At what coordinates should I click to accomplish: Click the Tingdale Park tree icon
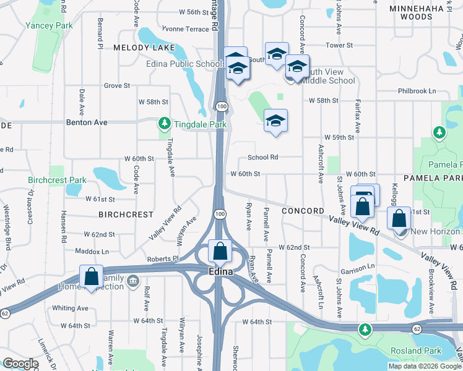pyautogui.click(x=164, y=122)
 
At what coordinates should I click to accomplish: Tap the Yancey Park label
pyautogui.click(x=49, y=25)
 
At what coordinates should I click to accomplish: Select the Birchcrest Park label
pyautogui.click(x=57, y=181)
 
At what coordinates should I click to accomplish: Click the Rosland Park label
pyautogui.click(x=416, y=351)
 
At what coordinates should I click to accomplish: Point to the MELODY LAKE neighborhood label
pyautogui.click(x=137, y=47)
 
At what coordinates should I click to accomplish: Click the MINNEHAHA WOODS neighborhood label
pyautogui.click(x=420, y=12)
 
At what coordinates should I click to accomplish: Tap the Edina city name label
pyautogui.click(x=220, y=272)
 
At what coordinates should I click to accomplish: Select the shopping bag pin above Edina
pyautogui.click(x=220, y=251)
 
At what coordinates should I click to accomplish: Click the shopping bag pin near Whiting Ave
pyautogui.click(x=91, y=276)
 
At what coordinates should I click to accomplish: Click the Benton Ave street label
pyautogui.click(x=87, y=122)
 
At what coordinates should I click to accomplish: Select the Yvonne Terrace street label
pyautogui.click(x=185, y=29)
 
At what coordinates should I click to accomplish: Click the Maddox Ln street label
pyautogui.click(x=92, y=252)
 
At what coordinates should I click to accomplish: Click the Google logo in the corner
pyautogui.click(x=20, y=364)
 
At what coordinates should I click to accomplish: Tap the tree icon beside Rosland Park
pyautogui.click(x=366, y=329)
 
